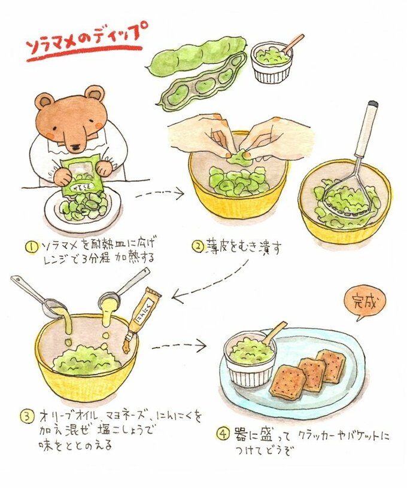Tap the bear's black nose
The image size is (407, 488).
click(x=75, y=147)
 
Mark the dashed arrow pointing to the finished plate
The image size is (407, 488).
click(x=179, y=346)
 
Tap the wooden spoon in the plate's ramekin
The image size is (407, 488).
click(x=274, y=333)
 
